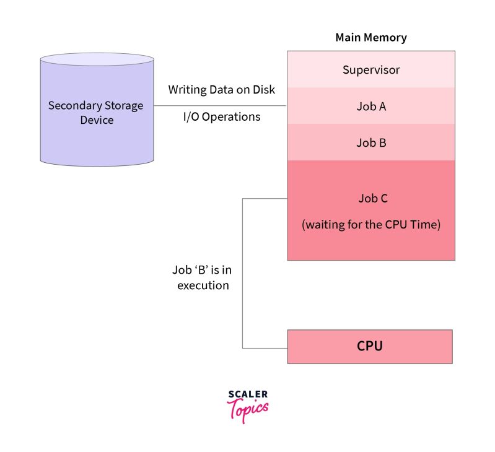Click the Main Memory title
click(x=370, y=38)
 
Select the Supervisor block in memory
click(x=370, y=69)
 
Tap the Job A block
click(x=370, y=106)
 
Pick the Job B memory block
click(x=370, y=142)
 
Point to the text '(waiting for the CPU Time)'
click(x=370, y=225)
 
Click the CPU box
click(x=370, y=346)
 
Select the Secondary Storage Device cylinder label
click(x=96, y=112)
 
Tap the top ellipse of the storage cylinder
click(x=97, y=60)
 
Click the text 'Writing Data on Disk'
click(x=221, y=90)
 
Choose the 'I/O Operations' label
click(x=221, y=116)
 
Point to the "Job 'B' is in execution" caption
click(x=203, y=278)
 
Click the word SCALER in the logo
click(x=248, y=394)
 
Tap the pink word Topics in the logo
click(x=248, y=409)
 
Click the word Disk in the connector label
click(x=263, y=90)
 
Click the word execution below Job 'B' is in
click(x=203, y=285)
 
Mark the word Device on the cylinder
click(x=97, y=120)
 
